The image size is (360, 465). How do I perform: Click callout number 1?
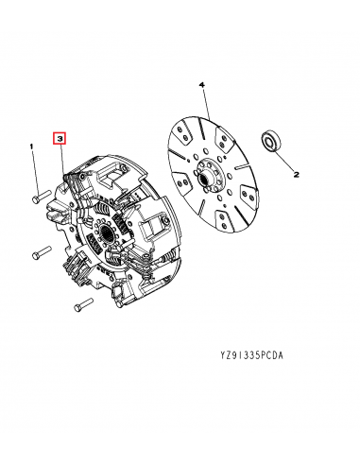tap(30, 146)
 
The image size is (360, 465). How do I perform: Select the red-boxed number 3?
tap(60, 139)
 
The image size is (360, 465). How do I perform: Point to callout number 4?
tap(201, 85)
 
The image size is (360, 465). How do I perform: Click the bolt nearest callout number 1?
tap(39, 199)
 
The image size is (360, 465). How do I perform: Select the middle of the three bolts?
tap(40, 253)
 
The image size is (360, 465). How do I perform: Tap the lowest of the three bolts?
tap(78, 304)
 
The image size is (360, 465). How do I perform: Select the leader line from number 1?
tap(32, 170)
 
